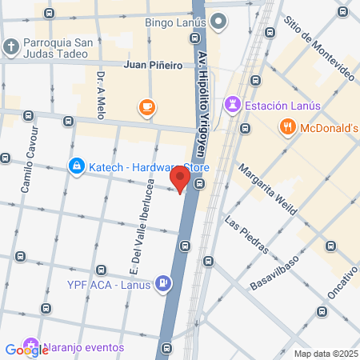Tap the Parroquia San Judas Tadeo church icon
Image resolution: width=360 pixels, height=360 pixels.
click(x=11, y=46)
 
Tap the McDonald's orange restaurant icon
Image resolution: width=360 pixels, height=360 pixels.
click(x=286, y=126)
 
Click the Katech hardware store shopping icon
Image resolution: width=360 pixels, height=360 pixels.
click(x=76, y=166)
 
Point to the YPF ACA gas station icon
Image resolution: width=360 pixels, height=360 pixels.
click(x=163, y=282)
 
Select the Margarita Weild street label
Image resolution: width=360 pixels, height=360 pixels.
click(x=268, y=190)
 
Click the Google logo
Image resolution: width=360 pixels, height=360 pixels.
click(x=26, y=350)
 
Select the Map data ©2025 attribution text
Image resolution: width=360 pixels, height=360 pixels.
click(x=323, y=353)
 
